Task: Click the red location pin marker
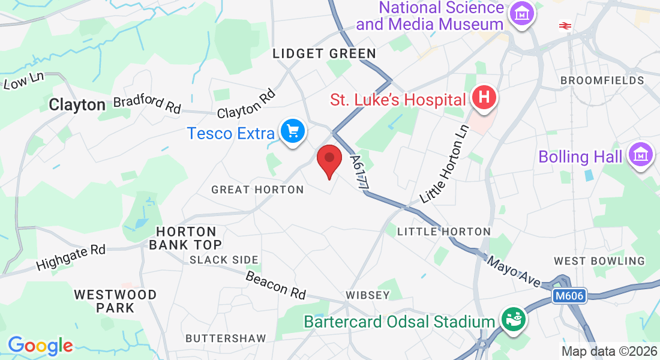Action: coord(329,159)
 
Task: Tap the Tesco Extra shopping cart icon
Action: coord(293,131)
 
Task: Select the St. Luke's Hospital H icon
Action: coord(484,97)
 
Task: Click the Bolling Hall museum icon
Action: coord(640,155)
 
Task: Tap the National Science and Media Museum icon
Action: coord(520,13)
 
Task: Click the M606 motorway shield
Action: coord(568,295)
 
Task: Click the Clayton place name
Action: coord(77,105)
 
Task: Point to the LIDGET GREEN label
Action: coord(324,54)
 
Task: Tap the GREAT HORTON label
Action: coord(257,190)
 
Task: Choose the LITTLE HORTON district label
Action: coord(444,232)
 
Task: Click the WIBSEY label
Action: coord(368,295)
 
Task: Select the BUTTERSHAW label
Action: coord(226,338)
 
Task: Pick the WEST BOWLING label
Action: coord(599,261)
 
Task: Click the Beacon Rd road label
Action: coord(275,284)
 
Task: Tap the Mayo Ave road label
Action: coord(514,271)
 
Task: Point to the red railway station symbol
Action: coord(564,25)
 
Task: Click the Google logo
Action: coord(40,346)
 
